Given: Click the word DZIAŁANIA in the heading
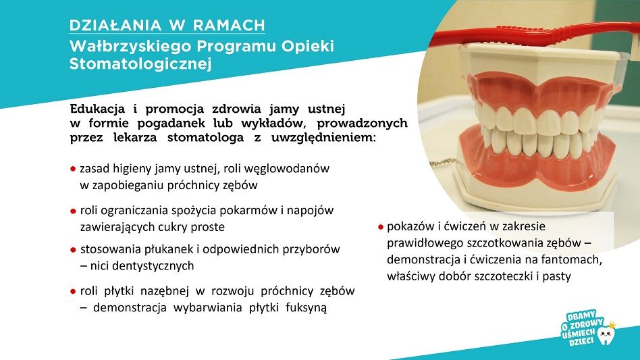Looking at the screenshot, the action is [115, 25].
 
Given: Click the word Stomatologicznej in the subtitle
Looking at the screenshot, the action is [140, 64].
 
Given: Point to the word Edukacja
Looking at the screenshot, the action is [97, 109].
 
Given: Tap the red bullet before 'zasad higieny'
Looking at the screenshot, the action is [73, 169].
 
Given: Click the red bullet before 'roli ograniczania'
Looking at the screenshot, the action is [73, 211].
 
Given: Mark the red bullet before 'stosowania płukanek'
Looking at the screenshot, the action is [73, 249].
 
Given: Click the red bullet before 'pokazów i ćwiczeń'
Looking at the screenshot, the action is [380, 227].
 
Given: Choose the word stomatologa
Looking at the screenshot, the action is [205, 138].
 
